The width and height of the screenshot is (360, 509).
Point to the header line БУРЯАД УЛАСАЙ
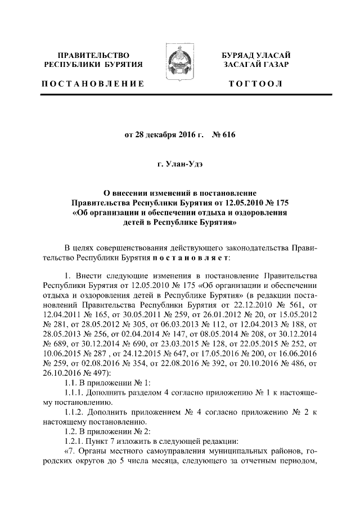(255, 55)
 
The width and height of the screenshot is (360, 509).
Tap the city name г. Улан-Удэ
(180, 165)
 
